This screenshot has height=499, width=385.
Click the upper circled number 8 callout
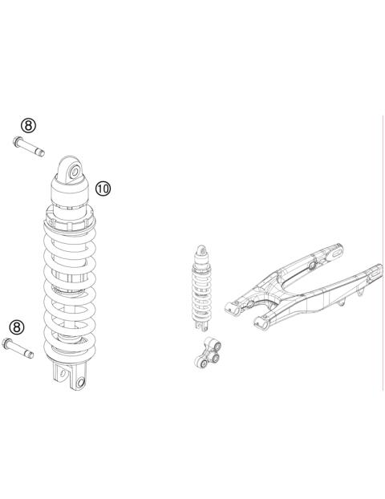click(29, 125)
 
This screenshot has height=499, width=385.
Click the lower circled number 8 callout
click(16, 327)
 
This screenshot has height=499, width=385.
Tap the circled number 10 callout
click(103, 189)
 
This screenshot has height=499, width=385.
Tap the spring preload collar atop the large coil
click(72, 217)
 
